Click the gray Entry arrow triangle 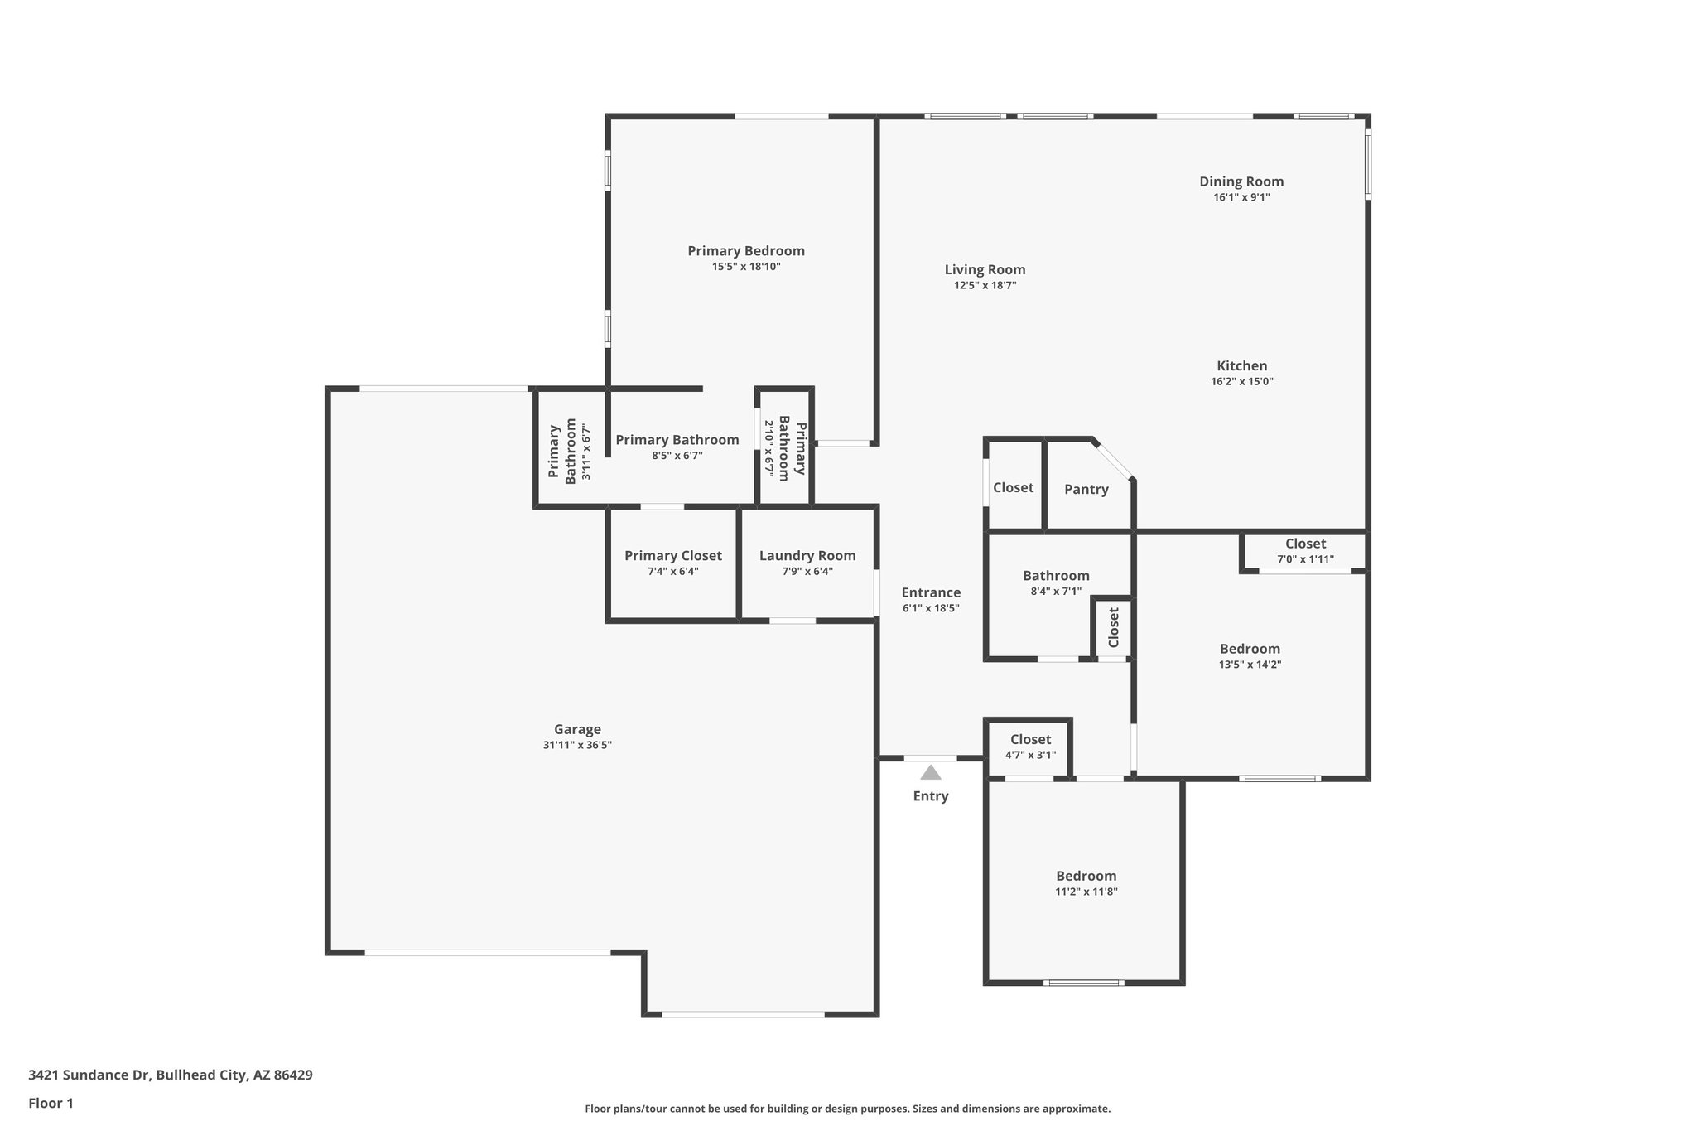pos(931,773)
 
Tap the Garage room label pos(577,729)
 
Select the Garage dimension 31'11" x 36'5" pos(577,745)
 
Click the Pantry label pos(1086,489)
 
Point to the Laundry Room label pos(807,555)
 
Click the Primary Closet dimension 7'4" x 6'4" pos(672,571)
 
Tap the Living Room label pos(985,269)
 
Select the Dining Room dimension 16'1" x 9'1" pos(1241,197)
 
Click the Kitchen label pos(1241,365)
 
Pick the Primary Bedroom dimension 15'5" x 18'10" pos(746,267)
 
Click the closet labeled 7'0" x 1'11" pos(1305,544)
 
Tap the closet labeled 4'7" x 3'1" pos(1030,739)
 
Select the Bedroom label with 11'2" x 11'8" pos(1086,876)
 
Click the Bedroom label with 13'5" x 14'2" pos(1250,649)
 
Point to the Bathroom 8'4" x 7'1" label pos(1056,575)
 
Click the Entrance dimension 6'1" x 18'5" pos(931,608)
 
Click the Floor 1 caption pos(51,1103)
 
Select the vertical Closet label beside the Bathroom pos(1114,627)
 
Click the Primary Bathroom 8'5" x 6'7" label pos(677,440)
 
